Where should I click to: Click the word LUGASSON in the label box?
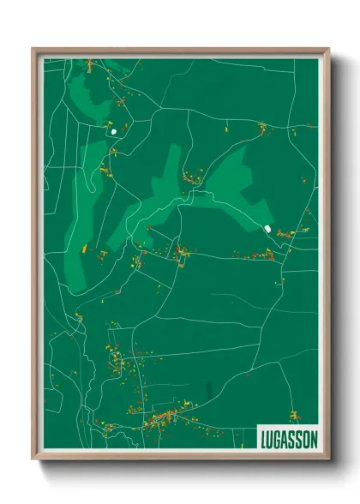pyautogui.click(x=288, y=438)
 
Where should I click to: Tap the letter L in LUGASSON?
pyautogui.click(x=263, y=438)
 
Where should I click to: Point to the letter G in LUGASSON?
pyautogui.click(x=277, y=438)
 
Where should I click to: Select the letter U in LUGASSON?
pyautogui.click(x=270, y=438)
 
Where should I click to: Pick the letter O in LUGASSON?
pyautogui.click(x=306, y=438)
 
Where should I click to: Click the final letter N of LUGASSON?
pyautogui.click(x=314, y=438)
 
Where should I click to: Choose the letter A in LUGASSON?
pyautogui.click(x=285, y=438)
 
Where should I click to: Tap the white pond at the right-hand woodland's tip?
pyautogui.click(x=269, y=229)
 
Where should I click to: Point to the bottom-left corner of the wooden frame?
pyautogui.click(x=33, y=459)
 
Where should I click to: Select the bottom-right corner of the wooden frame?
pyautogui.click(x=328, y=459)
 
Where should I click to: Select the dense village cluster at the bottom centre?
pyautogui.click(x=163, y=419)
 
